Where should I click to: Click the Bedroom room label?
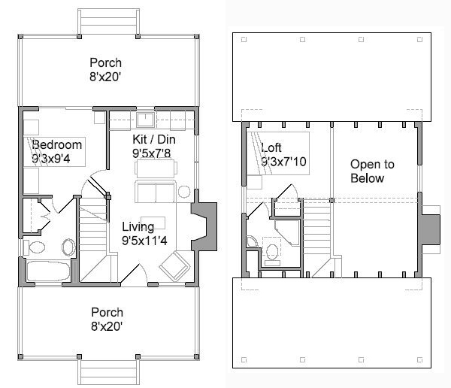[57, 144]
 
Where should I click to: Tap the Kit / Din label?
[154, 139]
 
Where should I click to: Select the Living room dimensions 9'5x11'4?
[144, 241]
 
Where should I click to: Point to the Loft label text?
[271, 147]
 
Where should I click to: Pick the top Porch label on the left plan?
[105, 62]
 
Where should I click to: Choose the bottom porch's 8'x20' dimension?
[107, 326]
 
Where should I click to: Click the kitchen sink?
[145, 120]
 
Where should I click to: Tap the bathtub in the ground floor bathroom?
[48, 271]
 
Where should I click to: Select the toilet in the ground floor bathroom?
[35, 247]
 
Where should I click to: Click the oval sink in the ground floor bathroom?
[68, 247]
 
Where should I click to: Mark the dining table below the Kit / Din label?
[156, 168]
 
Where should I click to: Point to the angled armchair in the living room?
[175, 266]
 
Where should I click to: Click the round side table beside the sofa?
[184, 192]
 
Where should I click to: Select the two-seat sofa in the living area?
[156, 192]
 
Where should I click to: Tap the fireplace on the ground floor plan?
[204, 226]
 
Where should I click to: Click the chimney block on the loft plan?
[431, 229]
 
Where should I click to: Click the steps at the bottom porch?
[108, 371]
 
